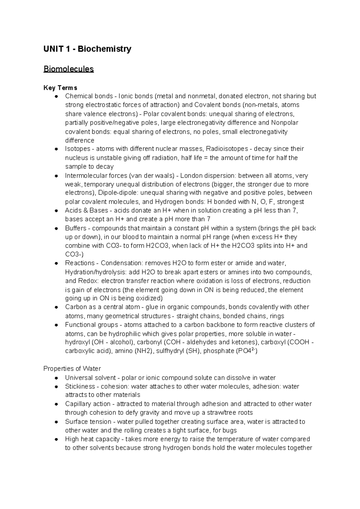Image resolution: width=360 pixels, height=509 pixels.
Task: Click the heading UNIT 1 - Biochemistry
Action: [x=87, y=49]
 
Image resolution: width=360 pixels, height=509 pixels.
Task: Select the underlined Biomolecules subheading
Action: [x=68, y=69]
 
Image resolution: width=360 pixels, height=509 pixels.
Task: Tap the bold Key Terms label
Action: [x=60, y=88]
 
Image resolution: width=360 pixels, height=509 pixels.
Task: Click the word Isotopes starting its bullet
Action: [x=77, y=149]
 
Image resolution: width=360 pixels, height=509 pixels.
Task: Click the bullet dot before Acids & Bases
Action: [x=56, y=211]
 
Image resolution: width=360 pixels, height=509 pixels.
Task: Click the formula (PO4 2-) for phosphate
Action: [x=247, y=351]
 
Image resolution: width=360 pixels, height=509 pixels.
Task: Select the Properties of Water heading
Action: [x=72, y=369]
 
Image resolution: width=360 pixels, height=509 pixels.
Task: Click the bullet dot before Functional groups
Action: [x=56, y=325]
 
